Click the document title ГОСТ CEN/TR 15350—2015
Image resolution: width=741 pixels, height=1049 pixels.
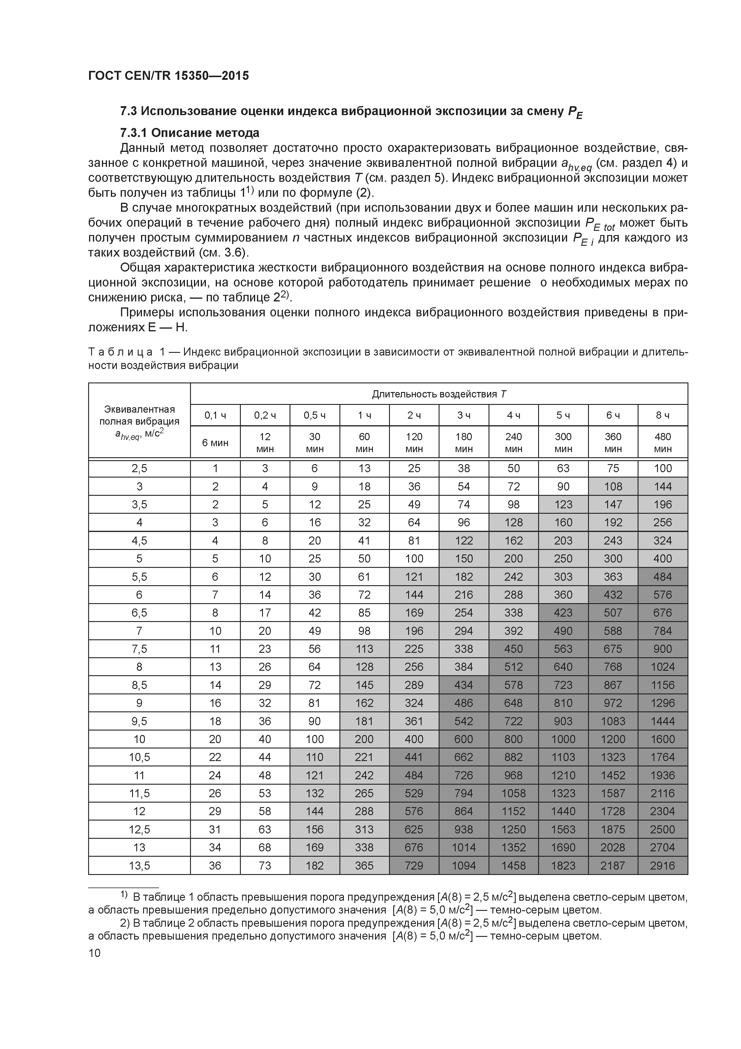(169, 76)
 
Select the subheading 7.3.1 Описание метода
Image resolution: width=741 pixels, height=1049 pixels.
(189, 133)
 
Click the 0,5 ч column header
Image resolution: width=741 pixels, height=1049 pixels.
(315, 415)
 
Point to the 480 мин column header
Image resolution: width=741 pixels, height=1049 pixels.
(662, 442)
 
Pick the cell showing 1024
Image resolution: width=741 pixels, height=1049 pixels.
(662, 667)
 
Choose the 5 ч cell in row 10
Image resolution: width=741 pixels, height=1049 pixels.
(563, 739)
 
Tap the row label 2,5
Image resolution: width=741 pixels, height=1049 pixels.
(139, 468)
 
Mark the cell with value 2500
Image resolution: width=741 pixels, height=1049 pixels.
(662, 829)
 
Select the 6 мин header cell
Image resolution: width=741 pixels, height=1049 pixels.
(215, 442)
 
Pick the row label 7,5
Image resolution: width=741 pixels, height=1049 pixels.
(139, 649)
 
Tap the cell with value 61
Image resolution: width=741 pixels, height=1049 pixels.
(364, 577)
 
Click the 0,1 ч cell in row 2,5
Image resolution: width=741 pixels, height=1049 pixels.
(215, 468)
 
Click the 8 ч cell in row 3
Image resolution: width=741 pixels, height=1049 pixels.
(662, 487)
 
